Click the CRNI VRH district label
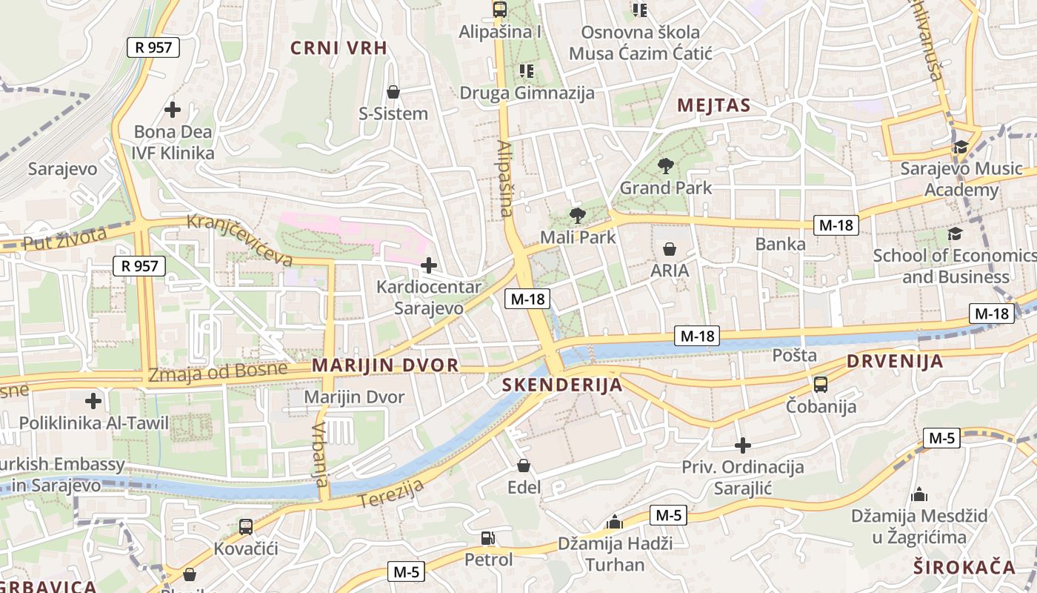coord(339,48)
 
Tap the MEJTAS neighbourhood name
coord(714,105)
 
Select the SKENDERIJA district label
coord(562,385)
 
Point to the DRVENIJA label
coord(895,362)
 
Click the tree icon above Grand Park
coord(665,166)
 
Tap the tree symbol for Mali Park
coord(577,216)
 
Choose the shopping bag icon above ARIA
coord(670,249)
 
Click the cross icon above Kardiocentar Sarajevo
coord(428,265)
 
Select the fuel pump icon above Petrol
coord(487,538)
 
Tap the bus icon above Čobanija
coord(821,384)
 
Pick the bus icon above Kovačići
coord(246,527)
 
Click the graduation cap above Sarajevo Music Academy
coord(961,147)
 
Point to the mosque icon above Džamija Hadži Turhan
coord(614,522)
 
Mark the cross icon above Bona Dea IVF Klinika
coord(173,110)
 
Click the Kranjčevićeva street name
coord(239,239)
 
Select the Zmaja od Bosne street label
coord(217,372)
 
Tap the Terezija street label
coord(391,494)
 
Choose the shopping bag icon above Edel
coord(524,466)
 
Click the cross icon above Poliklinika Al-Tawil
coord(93,401)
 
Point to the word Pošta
coord(795,355)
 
